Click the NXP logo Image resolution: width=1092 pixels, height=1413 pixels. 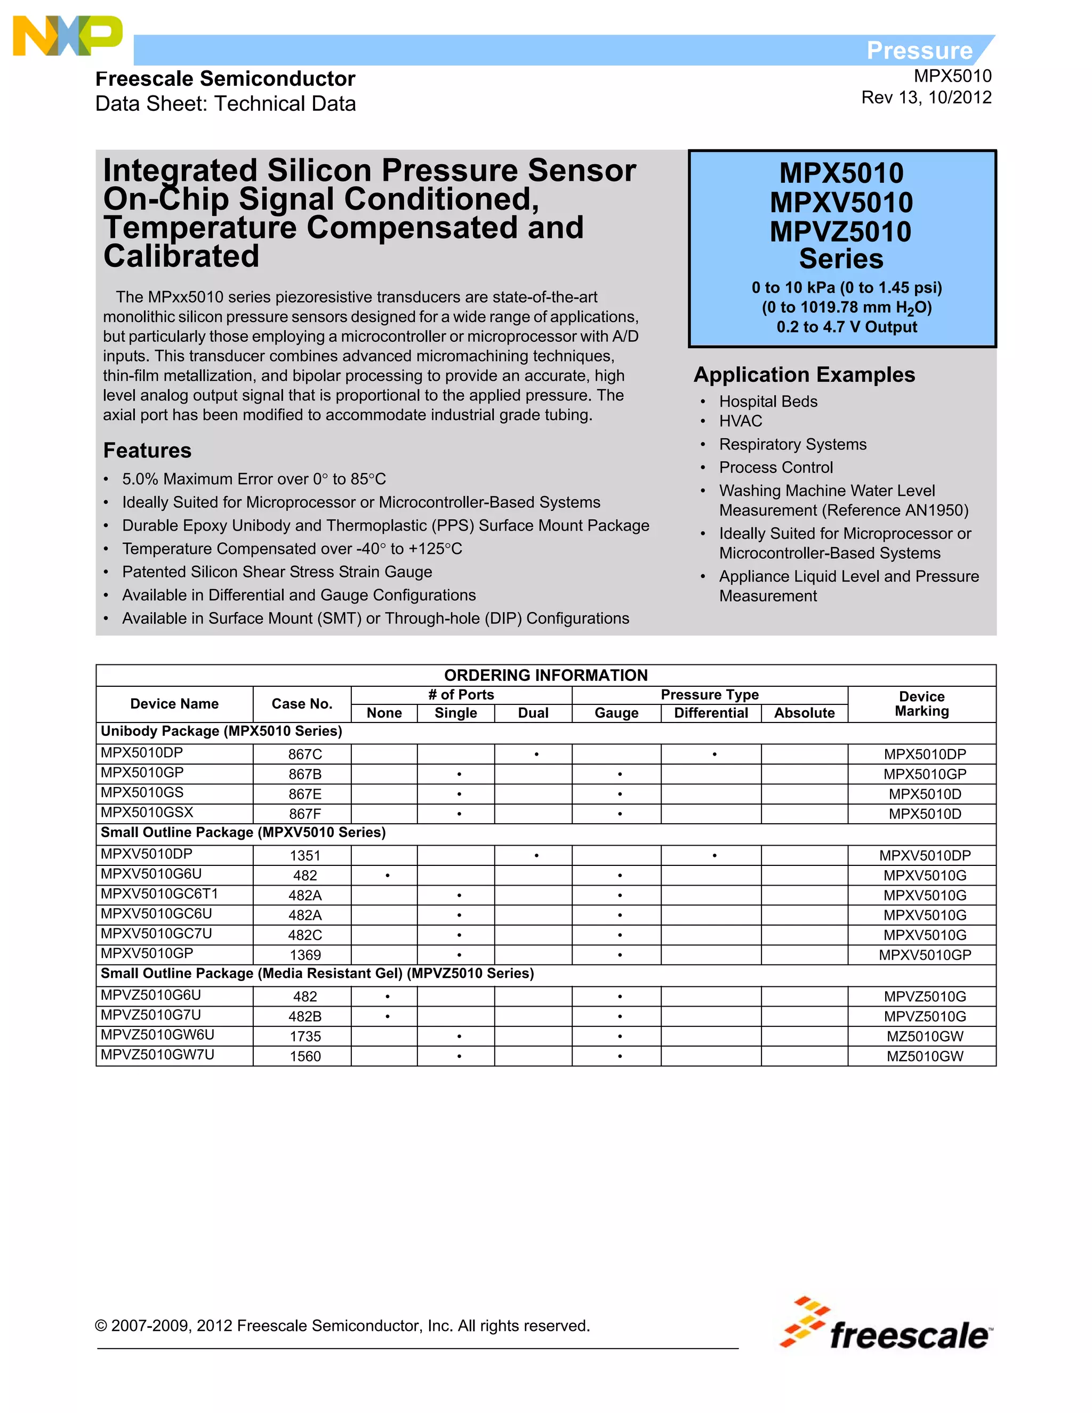pos(67,36)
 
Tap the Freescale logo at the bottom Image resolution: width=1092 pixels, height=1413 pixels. pos(885,1325)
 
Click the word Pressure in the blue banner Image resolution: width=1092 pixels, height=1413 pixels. pos(919,51)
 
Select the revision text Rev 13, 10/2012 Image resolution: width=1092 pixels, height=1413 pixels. pos(926,98)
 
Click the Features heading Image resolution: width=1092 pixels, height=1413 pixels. pos(148,451)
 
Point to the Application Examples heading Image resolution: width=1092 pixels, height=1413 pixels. pos(804,375)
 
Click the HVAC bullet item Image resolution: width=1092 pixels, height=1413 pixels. pos(741,421)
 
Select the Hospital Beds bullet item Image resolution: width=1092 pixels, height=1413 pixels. pos(768,402)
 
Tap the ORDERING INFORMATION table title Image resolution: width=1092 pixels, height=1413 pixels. pos(545,675)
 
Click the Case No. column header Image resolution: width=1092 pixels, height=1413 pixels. pos(301,704)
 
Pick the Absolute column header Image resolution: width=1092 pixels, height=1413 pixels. pos(804,713)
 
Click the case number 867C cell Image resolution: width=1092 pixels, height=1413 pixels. pos(304,754)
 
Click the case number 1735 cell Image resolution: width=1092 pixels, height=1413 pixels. pos(304,1037)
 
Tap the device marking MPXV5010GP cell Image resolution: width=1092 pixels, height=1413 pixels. pos(925,955)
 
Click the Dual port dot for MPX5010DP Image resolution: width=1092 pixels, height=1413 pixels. pos(536,754)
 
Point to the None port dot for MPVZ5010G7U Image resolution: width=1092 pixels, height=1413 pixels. pos(387,1016)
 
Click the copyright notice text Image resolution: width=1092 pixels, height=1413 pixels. pos(342,1326)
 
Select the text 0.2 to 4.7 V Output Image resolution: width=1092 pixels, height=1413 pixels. pos(846,327)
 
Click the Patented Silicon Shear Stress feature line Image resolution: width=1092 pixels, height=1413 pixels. pos(277,572)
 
